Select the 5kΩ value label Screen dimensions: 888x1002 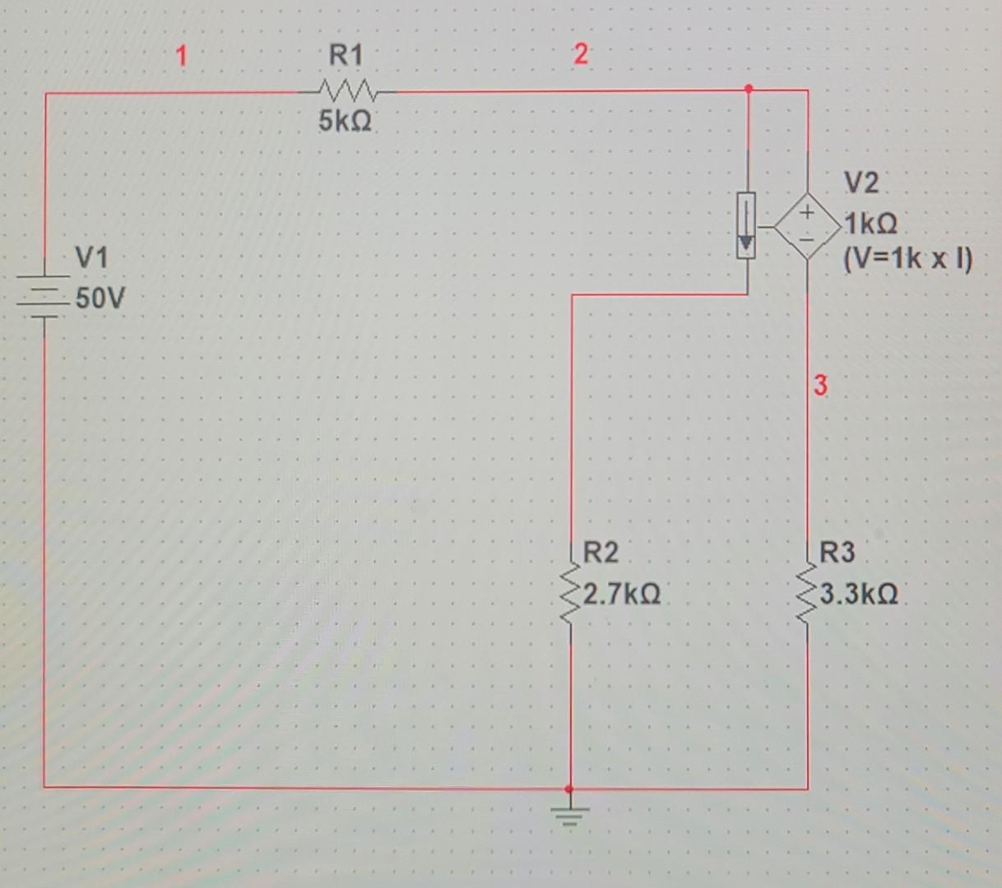(345, 122)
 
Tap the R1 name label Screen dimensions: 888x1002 (346, 56)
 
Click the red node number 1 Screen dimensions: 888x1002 (181, 56)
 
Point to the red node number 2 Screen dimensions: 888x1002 (581, 55)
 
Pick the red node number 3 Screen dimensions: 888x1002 (820, 385)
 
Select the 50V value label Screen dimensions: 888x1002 (100, 298)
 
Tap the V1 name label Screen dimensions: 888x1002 (91, 258)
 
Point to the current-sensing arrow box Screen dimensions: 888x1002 (746, 225)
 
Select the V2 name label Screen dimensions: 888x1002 (861, 183)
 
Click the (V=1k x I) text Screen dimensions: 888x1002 (907, 260)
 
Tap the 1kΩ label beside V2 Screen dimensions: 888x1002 (870, 223)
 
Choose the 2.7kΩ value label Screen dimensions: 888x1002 (621, 593)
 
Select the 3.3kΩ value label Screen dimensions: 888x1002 (859, 593)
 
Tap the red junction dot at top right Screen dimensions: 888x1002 (748, 88)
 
